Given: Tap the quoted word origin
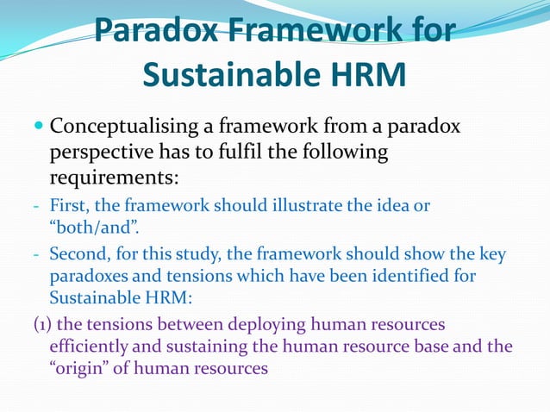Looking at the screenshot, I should [x=81, y=367].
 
